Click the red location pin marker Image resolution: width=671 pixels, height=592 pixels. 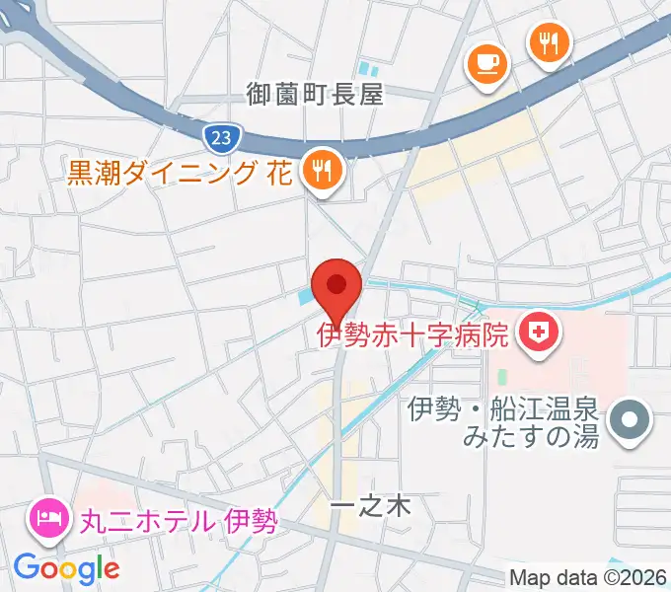point(336,289)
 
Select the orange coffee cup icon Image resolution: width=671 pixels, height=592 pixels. point(485,65)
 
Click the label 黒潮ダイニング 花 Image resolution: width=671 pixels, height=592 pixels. point(179,175)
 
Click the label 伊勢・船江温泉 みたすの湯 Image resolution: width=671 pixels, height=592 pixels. point(503,423)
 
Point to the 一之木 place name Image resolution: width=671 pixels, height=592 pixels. point(369,506)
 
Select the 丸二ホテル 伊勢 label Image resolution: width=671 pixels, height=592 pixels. point(172,518)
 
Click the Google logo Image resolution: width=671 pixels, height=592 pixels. point(66,568)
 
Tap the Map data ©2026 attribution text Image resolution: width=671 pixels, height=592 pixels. point(588,578)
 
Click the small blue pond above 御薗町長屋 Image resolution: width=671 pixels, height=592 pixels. point(369,69)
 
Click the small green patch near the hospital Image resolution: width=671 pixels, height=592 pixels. point(502,377)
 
